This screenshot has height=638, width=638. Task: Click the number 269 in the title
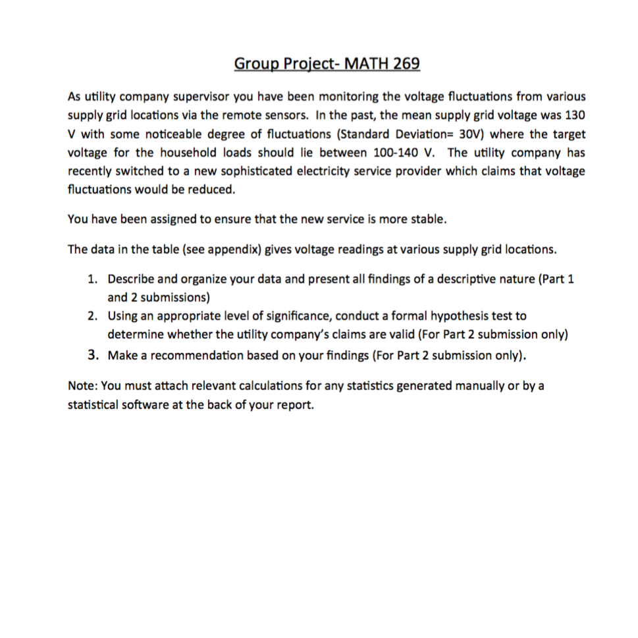tap(406, 64)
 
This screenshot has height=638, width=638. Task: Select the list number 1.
tap(93, 279)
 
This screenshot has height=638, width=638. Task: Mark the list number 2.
tap(93, 317)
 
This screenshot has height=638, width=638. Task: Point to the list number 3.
tap(93, 355)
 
